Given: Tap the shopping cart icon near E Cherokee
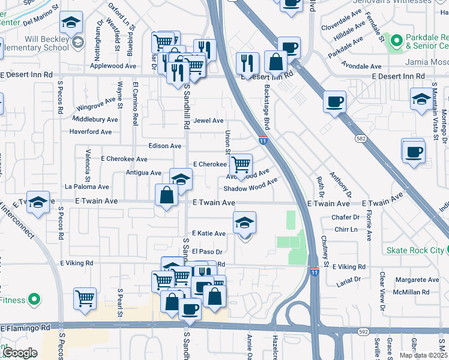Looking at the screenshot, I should tap(241, 164).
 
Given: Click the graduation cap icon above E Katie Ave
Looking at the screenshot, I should tap(244, 223).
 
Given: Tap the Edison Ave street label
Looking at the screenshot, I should tap(165, 146).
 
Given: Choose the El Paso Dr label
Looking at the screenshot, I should tap(208, 252).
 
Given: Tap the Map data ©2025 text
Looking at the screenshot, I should tap(422, 355).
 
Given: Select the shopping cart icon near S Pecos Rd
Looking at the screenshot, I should tap(85, 298).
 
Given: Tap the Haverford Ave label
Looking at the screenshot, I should tap(91, 131).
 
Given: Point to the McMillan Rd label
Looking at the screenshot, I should tap(408, 292).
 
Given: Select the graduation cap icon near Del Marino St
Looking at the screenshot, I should tap(71, 24).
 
